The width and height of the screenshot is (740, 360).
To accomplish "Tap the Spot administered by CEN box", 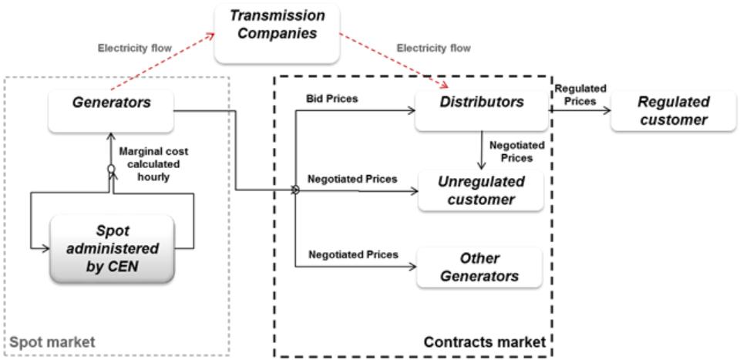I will [111, 251].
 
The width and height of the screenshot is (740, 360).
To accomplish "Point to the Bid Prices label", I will [332, 99].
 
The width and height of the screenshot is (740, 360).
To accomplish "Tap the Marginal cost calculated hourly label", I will [153, 163].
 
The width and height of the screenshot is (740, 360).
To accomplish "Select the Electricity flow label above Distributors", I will [432, 48].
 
